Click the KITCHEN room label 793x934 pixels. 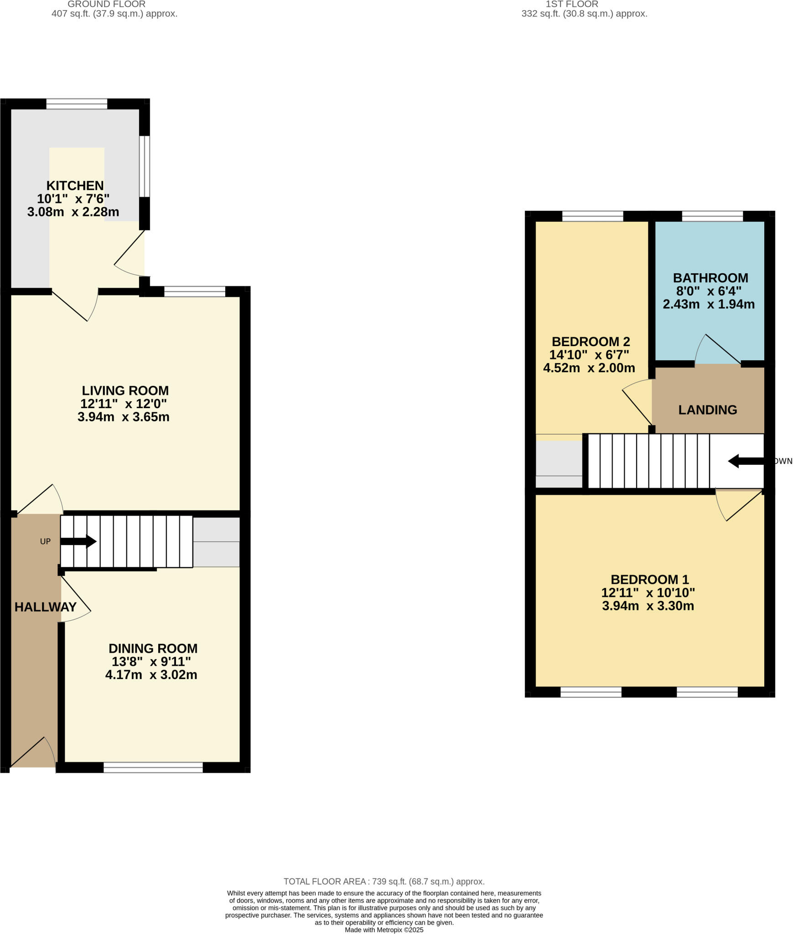coord(75,186)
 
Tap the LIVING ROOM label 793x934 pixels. coord(125,390)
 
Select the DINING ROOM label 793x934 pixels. coord(153,648)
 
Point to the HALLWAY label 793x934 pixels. coord(46,607)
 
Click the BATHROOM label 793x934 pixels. coord(710,278)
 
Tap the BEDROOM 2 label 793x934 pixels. coord(591,342)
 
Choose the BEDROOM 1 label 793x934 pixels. coord(649,580)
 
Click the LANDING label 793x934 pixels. coord(707,410)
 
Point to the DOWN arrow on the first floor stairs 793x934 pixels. coord(745,461)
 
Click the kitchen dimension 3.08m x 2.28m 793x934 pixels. coord(73,212)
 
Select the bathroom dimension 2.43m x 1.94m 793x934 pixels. coord(708,304)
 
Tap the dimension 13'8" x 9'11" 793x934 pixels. coord(151,661)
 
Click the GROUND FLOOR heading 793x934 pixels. coord(106,4)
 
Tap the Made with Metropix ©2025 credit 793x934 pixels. coord(384,930)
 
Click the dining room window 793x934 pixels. coord(153,768)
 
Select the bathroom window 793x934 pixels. coord(712,216)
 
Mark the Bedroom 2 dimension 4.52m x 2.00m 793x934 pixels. coord(589,368)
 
